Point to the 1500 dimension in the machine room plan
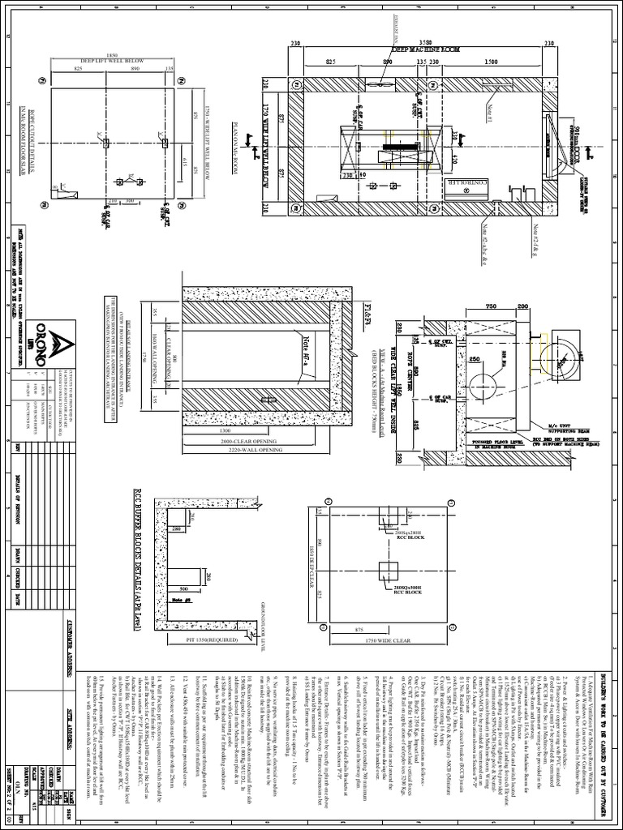pos(492,61)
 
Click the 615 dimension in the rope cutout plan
pos(185,156)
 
